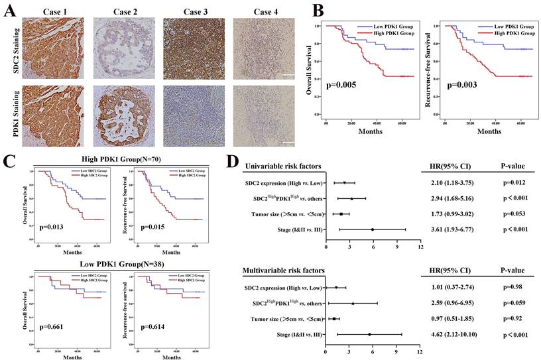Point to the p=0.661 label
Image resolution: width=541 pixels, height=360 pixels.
(52, 327)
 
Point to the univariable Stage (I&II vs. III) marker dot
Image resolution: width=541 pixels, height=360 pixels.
(373, 229)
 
